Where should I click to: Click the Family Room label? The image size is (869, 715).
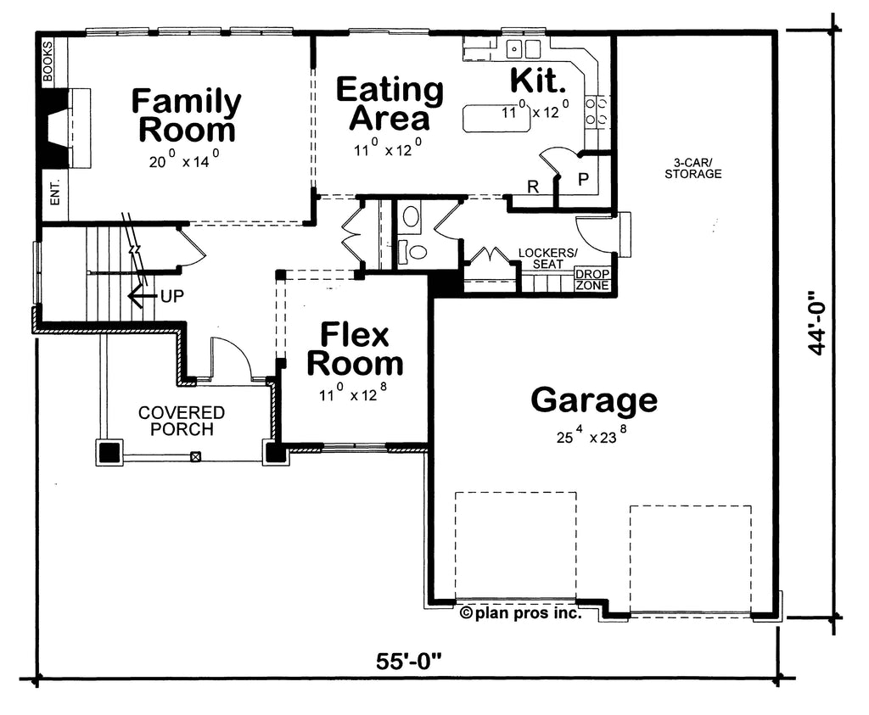tap(186, 115)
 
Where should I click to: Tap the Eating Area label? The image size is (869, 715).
tap(390, 104)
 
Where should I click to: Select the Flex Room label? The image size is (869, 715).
tap(355, 349)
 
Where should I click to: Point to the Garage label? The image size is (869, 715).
tap(594, 399)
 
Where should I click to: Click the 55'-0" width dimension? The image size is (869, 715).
tap(409, 661)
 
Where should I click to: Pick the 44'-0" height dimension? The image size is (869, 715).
tap(817, 322)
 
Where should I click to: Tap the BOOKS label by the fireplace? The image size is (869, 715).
tap(48, 61)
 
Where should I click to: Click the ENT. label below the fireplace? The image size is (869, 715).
tap(55, 193)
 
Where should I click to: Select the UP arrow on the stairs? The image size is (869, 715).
tap(141, 296)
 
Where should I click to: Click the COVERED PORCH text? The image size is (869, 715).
tap(182, 421)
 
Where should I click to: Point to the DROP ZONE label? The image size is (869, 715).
tap(592, 280)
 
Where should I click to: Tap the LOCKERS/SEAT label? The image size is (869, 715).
tap(548, 259)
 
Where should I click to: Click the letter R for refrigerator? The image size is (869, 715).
tap(533, 187)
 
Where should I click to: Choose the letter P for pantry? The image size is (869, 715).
tap(583, 180)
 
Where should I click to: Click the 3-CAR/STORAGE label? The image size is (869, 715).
tap(693, 169)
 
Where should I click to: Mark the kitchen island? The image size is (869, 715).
tap(496, 118)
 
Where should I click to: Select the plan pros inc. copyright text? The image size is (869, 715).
tap(521, 612)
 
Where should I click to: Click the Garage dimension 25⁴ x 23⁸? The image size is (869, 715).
tap(591, 437)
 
